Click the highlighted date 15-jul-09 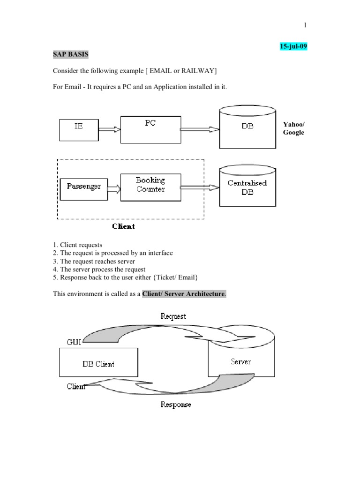[x=293, y=47]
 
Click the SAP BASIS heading [x=70, y=54]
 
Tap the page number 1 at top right [x=305, y=25]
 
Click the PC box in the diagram [x=150, y=130]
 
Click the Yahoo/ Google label [x=293, y=128]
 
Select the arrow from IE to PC [x=110, y=129]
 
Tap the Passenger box [x=83, y=187]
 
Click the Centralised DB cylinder [x=247, y=187]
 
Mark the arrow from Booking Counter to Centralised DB [x=199, y=187]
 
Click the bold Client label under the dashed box [x=123, y=226]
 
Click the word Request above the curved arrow [x=173, y=316]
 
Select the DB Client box [x=98, y=363]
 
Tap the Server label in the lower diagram [x=240, y=361]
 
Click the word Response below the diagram [x=176, y=405]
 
